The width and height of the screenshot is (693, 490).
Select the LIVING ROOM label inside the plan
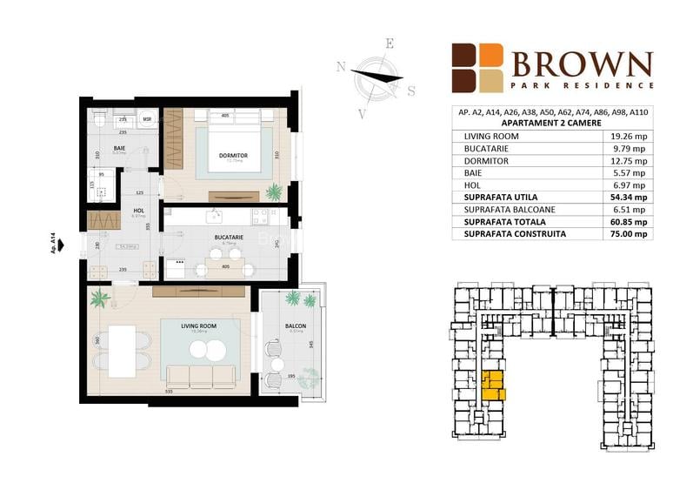[x=198, y=326]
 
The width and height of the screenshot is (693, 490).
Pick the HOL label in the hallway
[x=138, y=210]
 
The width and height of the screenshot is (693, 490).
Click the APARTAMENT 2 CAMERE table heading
[x=552, y=124]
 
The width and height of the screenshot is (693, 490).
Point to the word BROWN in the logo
[x=582, y=64]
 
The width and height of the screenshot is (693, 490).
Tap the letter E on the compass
[x=390, y=44]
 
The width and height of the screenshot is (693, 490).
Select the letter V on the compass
[x=363, y=111]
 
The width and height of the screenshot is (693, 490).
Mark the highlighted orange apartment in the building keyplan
[x=493, y=385]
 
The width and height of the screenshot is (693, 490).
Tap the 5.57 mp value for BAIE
[x=630, y=173]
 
